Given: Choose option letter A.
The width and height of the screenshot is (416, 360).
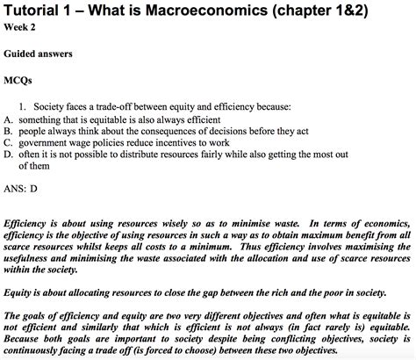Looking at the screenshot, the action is click(x=7, y=119).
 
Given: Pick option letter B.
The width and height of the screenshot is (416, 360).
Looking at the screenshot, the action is click(x=7, y=130).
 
